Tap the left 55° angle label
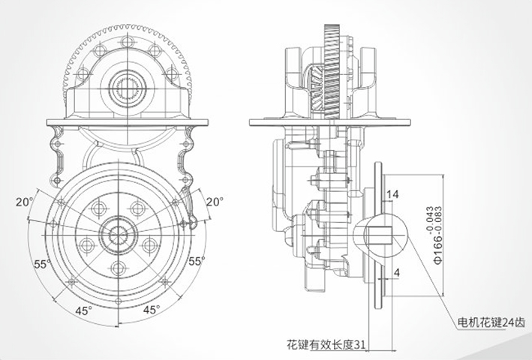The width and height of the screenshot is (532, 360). click(x=42, y=263)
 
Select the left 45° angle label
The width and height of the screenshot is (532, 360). click(x=83, y=309)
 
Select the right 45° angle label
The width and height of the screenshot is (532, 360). click(x=152, y=309)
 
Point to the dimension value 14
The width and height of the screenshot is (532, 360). click(x=391, y=194)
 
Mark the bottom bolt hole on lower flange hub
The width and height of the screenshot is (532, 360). click(x=119, y=268)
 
